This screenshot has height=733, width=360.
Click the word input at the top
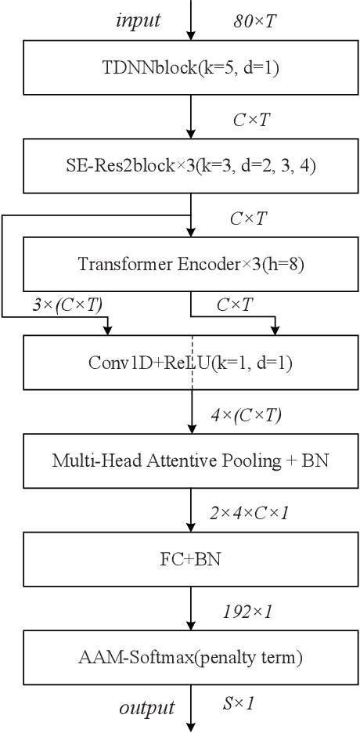(139, 20)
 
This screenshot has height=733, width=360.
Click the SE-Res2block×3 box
(190, 167)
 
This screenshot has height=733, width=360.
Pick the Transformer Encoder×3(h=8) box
(190, 264)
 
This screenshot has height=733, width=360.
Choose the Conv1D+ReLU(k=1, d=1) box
(190, 362)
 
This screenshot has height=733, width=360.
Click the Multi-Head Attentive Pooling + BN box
(190, 460)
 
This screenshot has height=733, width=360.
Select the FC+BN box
(190, 560)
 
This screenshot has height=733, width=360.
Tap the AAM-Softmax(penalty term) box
(190, 658)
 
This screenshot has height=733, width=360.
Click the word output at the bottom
(146, 708)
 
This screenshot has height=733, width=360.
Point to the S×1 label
(239, 703)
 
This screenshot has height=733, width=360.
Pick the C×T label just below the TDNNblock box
(251, 119)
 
